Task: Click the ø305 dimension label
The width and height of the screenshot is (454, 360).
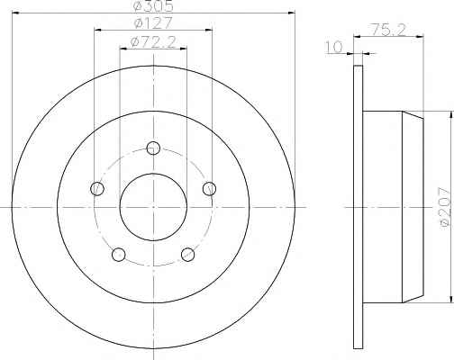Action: (153, 6)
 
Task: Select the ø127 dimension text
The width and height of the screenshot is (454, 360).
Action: (153, 23)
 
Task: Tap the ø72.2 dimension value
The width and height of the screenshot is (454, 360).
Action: (153, 42)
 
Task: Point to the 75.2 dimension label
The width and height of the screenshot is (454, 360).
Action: (389, 30)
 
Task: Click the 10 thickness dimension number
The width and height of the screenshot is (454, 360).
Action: (334, 48)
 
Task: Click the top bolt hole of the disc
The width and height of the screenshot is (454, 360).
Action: (153, 148)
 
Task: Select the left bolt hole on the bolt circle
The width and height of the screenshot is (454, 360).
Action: (97, 189)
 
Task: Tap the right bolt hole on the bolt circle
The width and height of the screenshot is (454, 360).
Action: (209, 189)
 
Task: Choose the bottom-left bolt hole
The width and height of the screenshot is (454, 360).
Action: (119, 255)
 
